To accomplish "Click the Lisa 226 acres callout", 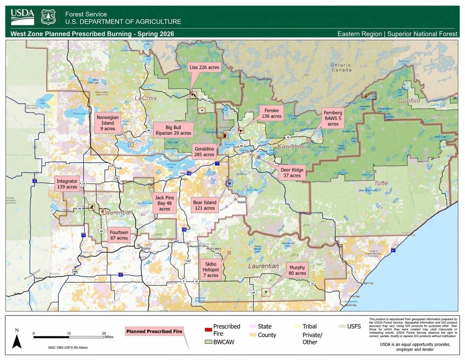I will [x=204, y=67].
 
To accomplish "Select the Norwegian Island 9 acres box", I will [x=108, y=123].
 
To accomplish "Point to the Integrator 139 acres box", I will [x=66, y=184].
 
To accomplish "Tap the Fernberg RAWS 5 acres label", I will [x=333, y=118].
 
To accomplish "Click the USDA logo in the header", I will [x=22, y=17].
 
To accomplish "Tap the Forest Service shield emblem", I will [x=49, y=17].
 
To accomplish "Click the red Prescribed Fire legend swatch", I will [x=208, y=329].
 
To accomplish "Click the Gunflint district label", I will [x=409, y=100].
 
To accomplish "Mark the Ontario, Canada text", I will [x=341, y=67].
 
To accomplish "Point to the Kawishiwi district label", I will [x=291, y=146].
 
